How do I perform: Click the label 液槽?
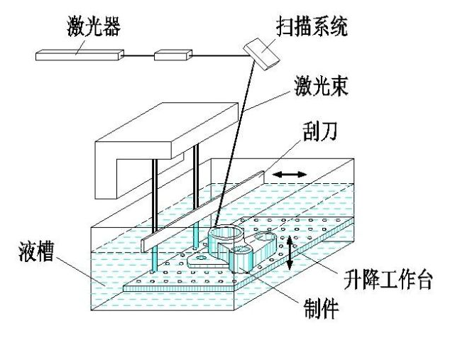pos(38,253)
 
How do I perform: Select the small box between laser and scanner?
pos(173,54)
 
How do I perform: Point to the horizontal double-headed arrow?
pos(291,173)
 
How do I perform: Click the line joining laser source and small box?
pos(138,54)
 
